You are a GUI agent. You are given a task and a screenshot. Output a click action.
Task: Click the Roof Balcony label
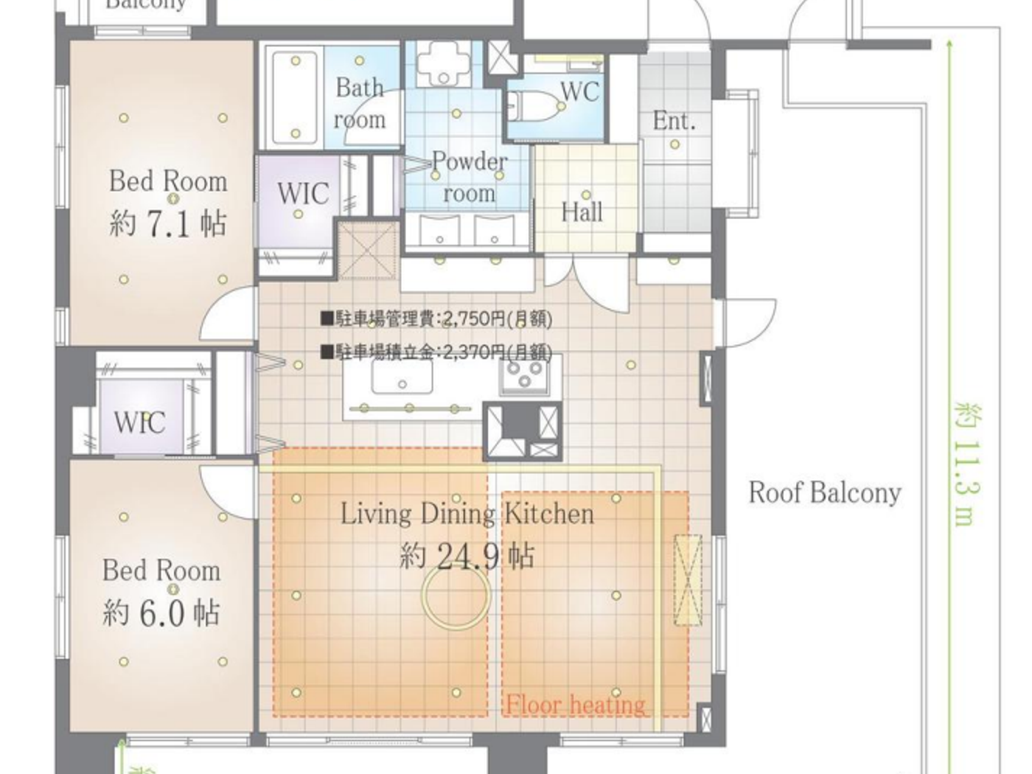[825, 492]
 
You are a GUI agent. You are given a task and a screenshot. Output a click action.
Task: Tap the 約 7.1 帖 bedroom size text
[167, 223]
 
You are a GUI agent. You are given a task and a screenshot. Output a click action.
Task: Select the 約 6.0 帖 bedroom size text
[161, 612]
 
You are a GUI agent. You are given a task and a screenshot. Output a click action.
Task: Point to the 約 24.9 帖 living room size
[467, 555]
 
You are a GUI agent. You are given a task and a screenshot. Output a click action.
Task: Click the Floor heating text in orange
[575, 705]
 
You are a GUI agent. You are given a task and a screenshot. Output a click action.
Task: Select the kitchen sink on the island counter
[402, 378]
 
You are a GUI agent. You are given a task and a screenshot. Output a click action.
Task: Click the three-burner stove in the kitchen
[524, 377]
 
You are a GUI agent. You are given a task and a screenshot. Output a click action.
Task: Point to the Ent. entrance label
[674, 120]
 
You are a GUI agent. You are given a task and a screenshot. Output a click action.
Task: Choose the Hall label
[582, 212]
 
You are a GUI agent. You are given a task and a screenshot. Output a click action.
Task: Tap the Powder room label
[469, 177]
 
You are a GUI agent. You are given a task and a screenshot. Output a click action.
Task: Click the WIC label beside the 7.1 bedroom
[302, 193]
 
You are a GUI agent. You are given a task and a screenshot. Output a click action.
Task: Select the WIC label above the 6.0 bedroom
[139, 422]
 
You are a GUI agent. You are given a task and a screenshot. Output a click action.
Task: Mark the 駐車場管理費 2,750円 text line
[436, 318]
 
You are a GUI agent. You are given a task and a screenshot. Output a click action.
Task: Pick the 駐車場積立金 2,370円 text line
[436, 352]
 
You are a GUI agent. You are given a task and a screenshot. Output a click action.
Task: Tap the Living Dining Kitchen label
[467, 514]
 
